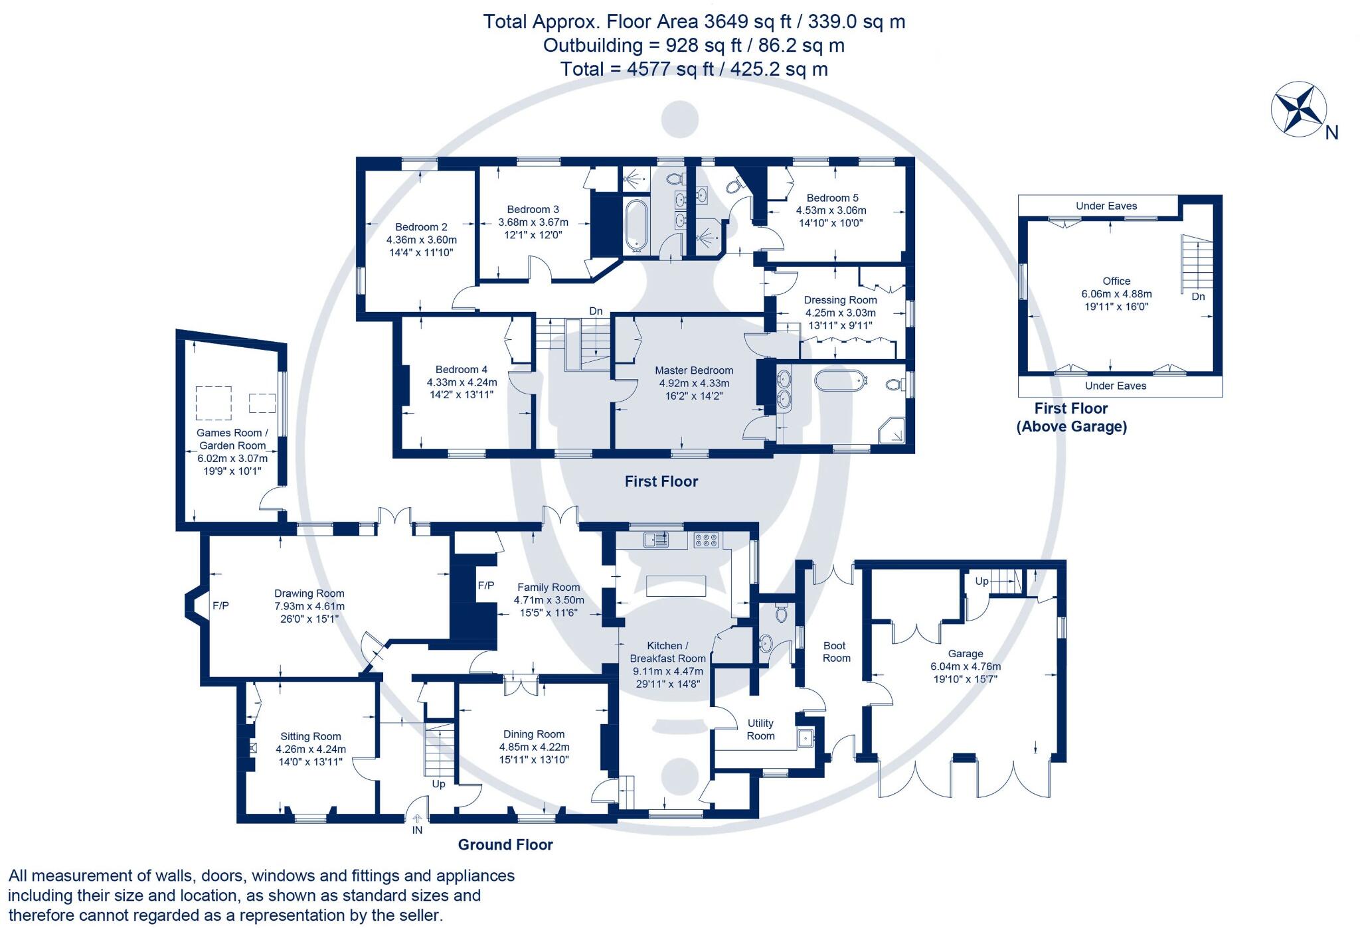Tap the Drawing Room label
(x=309, y=593)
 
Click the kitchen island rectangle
(x=675, y=586)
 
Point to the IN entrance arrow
(x=417, y=820)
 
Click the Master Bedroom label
(x=694, y=370)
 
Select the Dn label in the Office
(x=1198, y=297)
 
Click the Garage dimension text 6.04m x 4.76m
(x=966, y=666)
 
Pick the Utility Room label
(x=760, y=729)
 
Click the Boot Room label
(x=835, y=651)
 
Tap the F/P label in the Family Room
(x=486, y=585)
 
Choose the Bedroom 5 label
(x=832, y=198)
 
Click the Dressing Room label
(x=840, y=300)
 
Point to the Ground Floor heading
(x=505, y=844)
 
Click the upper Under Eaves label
(x=1106, y=206)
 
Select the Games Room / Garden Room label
(x=232, y=439)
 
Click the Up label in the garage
(x=981, y=581)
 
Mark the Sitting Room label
(x=310, y=736)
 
